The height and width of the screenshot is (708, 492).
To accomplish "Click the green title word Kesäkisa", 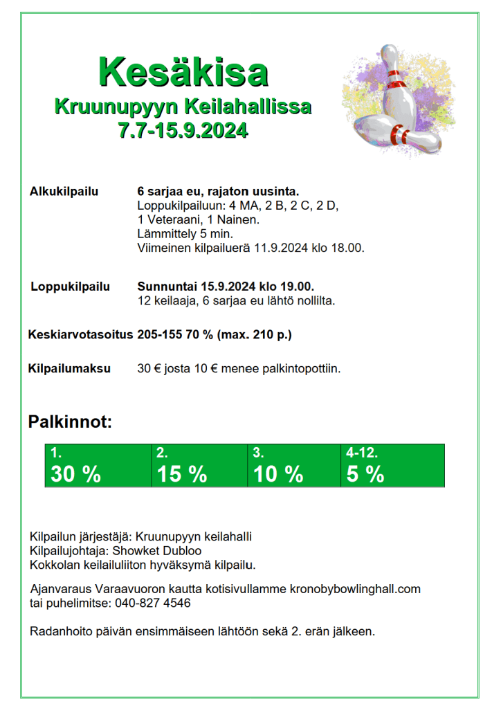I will pos(183,71).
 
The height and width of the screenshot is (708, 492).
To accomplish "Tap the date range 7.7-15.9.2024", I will pos(183,130).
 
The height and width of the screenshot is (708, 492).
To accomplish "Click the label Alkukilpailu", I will pos(64,191).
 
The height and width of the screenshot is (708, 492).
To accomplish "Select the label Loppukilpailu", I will pos(70,287).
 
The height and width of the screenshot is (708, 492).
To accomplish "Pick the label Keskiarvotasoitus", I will pos(80,335).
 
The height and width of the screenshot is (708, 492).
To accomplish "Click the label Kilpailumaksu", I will pos(69,369).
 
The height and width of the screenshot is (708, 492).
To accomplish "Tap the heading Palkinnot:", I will pos(70,421).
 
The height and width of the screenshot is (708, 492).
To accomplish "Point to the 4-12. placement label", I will pos(362,454).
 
